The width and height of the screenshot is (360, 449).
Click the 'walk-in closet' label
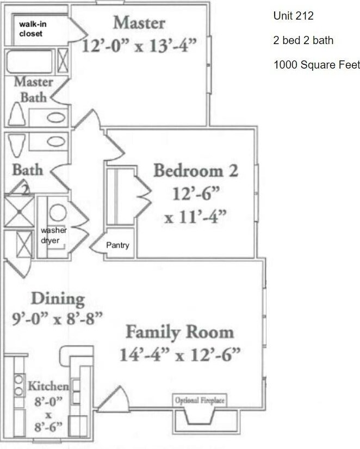pyautogui.click(x=33, y=29)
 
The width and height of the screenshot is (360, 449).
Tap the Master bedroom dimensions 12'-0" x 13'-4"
pyautogui.click(x=139, y=46)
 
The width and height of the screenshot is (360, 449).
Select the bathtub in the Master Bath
pyautogui.click(x=29, y=61)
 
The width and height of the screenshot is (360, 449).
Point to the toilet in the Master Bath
pyautogui.click(x=17, y=114)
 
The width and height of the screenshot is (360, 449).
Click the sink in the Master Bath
pyautogui.click(x=56, y=118)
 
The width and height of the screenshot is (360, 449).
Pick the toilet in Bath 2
pyautogui.click(x=17, y=145)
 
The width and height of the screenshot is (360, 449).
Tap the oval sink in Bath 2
pyautogui.click(x=56, y=142)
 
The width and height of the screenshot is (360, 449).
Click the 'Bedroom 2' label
pyautogui.click(x=196, y=171)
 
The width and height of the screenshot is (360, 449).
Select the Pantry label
pyautogui.click(x=117, y=245)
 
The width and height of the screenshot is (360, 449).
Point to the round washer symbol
pyautogui.click(x=58, y=212)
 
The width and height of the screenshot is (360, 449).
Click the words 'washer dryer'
pyautogui.click(x=54, y=235)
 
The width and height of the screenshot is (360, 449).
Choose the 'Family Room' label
pyautogui.click(x=180, y=332)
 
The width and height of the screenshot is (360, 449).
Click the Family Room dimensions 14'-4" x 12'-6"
pyautogui.click(x=180, y=355)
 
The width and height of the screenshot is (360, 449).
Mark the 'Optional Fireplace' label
pyautogui.click(x=200, y=401)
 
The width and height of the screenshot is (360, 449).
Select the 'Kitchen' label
pyautogui.click(x=48, y=386)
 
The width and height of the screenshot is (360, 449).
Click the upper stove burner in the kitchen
pyautogui.click(x=18, y=380)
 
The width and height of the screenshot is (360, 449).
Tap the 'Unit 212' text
pyautogui.click(x=293, y=16)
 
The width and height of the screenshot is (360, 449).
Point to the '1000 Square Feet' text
pyautogui.click(x=316, y=65)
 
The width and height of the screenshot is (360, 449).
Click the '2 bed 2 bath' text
pyautogui.click(x=303, y=40)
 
